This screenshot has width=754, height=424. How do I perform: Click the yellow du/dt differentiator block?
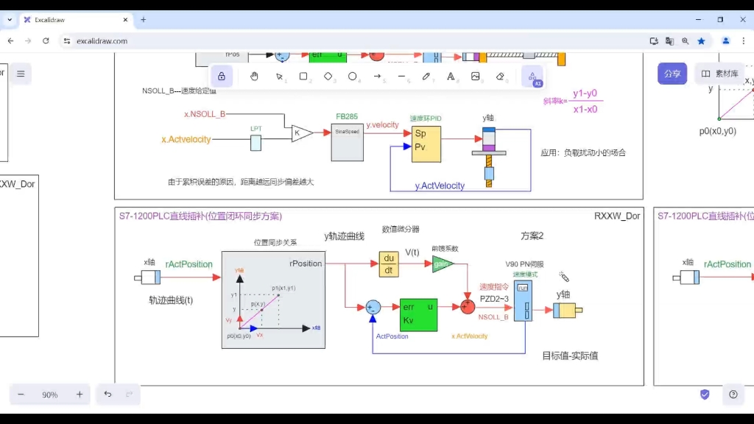[x=389, y=264]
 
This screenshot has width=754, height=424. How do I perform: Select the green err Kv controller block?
[x=418, y=314]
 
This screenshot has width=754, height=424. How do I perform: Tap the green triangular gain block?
[x=442, y=264]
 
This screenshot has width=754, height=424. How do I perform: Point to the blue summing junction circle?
[x=373, y=307]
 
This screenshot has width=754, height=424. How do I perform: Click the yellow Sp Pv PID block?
[x=426, y=144]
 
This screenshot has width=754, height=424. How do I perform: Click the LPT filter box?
[x=256, y=142]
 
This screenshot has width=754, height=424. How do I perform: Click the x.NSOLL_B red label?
[x=205, y=114]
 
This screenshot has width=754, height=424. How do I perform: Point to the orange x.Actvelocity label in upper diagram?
[x=186, y=139]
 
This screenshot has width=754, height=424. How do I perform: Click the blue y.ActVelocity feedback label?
[x=440, y=186]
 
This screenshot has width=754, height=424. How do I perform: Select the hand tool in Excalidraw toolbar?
[x=254, y=76]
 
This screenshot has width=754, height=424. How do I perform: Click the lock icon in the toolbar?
[x=222, y=76]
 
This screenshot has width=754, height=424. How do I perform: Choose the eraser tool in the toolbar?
[x=501, y=76]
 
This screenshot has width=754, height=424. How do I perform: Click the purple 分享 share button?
[x=672, y=74]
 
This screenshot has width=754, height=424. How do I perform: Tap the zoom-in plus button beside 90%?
[x=80, y=395]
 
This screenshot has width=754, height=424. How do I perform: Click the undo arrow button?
[x=108, y=395]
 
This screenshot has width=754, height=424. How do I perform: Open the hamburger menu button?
[x=21, y=74]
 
